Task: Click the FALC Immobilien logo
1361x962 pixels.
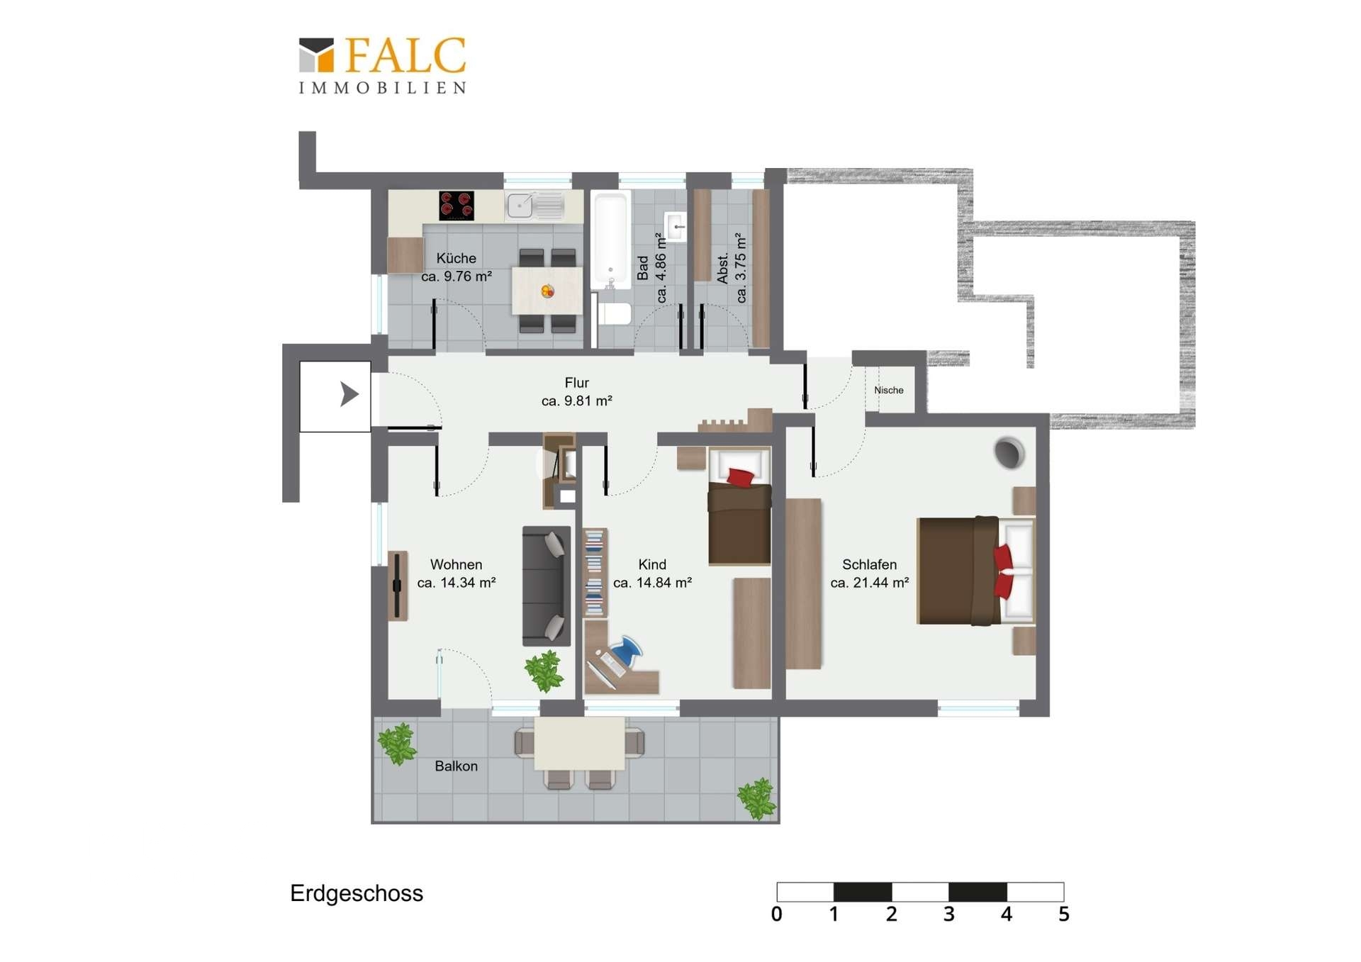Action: point(382,65)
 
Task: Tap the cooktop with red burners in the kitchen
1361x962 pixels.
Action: point(456,206)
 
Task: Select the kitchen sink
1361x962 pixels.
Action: point(535,206)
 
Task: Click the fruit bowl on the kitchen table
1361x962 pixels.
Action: point(547,291)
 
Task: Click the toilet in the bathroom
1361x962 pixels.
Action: point(613,313)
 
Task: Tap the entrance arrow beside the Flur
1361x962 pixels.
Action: point(349,394)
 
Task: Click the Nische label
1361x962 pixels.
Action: point(889,390)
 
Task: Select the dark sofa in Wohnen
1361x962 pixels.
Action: point(547,586)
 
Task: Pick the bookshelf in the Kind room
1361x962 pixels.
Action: point(595,573)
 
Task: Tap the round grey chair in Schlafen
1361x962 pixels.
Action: point(1009,452)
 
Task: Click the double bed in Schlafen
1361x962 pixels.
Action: point(976,571)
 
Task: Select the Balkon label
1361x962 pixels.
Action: point(456,766)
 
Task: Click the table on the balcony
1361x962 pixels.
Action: point(579,743)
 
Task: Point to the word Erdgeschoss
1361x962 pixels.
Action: point(357,893)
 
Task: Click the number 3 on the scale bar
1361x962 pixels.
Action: point(948,915)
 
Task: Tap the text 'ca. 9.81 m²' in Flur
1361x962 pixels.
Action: point(576,401)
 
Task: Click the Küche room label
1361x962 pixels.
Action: point(456,258)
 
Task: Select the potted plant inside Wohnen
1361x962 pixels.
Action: point(544,670)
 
